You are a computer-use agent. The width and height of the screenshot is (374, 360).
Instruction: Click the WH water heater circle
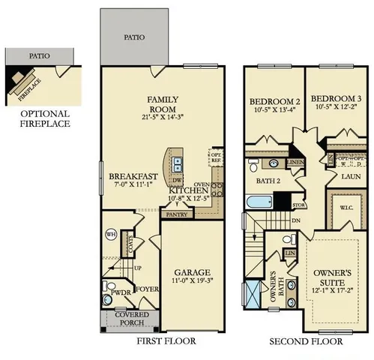point(110,234)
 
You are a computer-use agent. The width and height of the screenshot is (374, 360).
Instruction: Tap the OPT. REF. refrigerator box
point(214,156)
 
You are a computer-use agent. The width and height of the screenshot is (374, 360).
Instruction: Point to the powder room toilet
point(109,289)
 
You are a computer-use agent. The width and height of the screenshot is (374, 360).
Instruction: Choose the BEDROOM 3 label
point(333,103)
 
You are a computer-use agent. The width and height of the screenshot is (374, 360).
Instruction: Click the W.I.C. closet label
point(346,208)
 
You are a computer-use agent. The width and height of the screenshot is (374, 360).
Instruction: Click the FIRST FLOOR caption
point(166,341)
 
